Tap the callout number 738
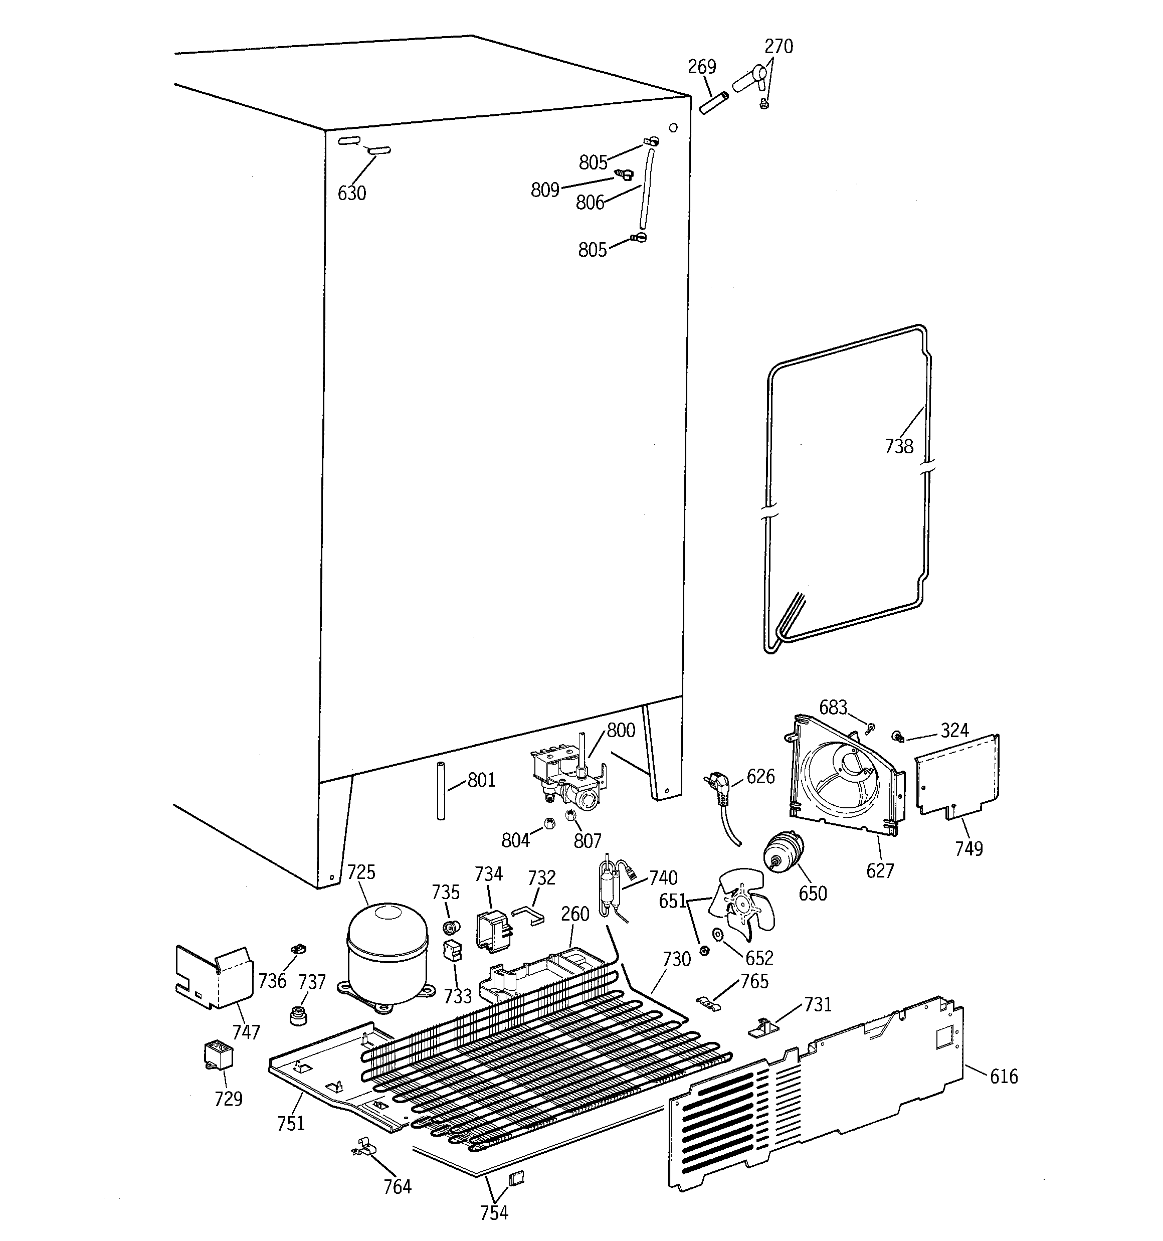click(x=899, y=446)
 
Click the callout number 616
click(x=1003, y=1076)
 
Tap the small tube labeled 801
click(x=441, y=790)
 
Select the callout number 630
click(x=351, y=193)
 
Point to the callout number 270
click(x=779, y=46)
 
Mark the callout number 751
click(x=291, y=1124)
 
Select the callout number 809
click(x=544, y=190)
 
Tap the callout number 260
click(x=574, y=914)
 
